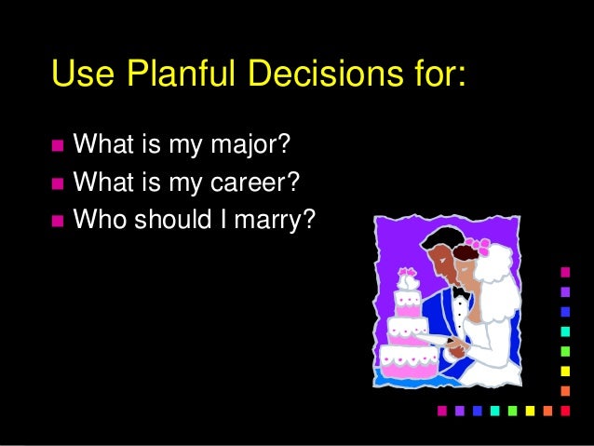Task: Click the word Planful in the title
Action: point(171,73)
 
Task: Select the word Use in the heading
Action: point(81,73)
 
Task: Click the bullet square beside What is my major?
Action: point(58,146)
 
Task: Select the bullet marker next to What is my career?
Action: point(58,183)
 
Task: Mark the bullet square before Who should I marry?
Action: point(58,221)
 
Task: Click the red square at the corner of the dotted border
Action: point(565,410)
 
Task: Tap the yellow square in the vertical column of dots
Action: point(565,370)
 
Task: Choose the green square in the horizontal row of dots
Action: point(512,410)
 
